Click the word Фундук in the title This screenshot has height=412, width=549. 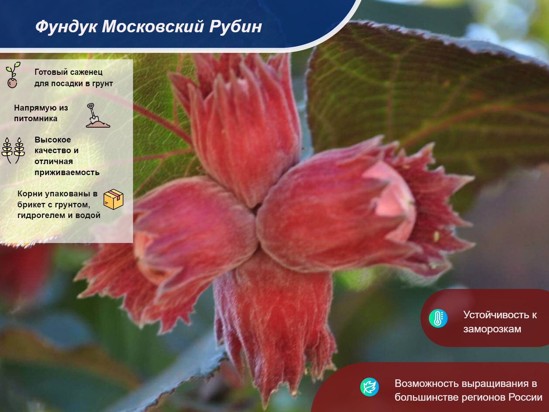[x=66, y=26]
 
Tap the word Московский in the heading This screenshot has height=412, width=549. [x=153, y=26]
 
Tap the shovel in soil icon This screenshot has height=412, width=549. [x=97, y=115]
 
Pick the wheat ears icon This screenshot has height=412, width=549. [x=13, y=150]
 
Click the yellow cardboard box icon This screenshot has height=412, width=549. [x=114, y=199]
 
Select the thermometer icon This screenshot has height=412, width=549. [x=438, y=318]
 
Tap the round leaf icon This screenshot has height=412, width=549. [x=370, y=387]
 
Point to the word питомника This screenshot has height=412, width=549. [x=36, y=118]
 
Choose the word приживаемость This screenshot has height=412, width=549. [x=67, y=173]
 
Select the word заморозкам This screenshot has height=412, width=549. [x=492, y=329]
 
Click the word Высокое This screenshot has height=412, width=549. [x=53, y=140]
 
